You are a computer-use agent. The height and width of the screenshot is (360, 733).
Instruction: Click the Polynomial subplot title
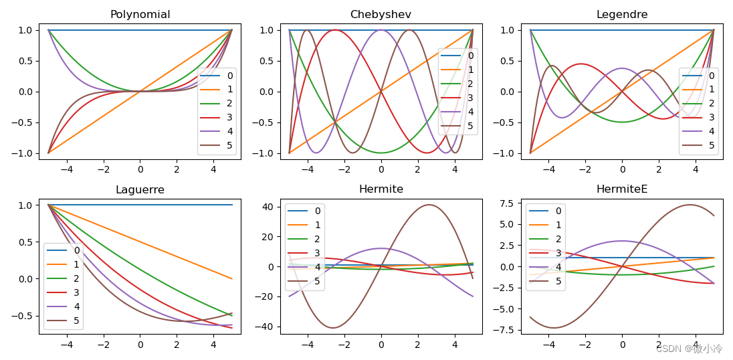[x=140, y=15]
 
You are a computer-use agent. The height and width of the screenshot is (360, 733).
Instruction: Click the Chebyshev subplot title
[x=381, y=15]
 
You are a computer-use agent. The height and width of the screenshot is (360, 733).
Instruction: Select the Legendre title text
[x=621, y=15]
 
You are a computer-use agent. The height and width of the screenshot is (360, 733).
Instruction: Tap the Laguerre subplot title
[x=140, y=189]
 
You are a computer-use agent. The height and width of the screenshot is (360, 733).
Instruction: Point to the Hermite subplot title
[x=381, y=189]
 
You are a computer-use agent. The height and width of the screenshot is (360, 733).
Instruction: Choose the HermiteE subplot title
[x=621, y=189]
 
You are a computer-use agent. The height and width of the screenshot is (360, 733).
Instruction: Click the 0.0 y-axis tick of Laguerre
[x=26, y=278]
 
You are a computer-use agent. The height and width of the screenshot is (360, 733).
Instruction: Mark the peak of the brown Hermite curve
[x=429, y=205]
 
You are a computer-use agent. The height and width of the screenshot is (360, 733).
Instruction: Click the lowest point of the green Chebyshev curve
[x=381, y=153]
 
